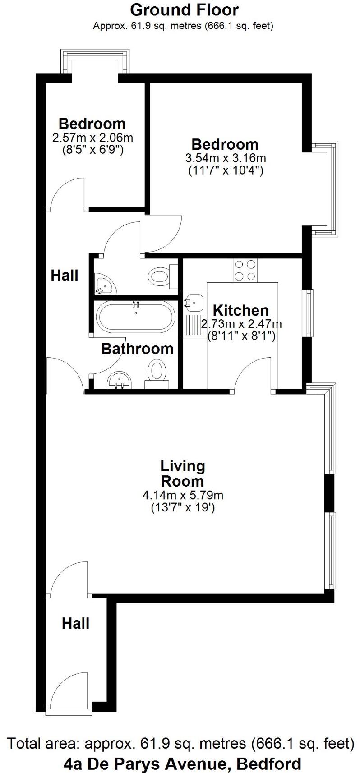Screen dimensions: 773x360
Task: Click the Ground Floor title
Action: [184, 9]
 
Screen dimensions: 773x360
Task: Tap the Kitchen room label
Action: [240, 310]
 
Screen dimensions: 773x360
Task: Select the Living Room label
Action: [183, 473]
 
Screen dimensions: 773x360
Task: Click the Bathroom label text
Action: [137, 349]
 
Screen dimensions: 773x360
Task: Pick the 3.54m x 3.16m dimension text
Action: [225, 158]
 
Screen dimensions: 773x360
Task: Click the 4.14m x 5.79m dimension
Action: [183, 495]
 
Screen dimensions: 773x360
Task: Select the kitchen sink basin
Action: [193, 302]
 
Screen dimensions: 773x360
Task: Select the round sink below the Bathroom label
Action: [119, 380]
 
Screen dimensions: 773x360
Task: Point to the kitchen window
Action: [309, 313]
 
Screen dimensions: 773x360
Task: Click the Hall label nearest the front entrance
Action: [75, 624]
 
